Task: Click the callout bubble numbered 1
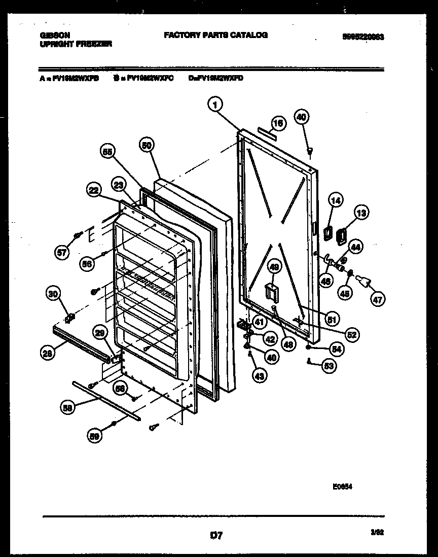215,105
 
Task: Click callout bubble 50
147,145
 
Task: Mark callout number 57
62,254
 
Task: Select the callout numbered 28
48,354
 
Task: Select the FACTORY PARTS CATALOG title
215,35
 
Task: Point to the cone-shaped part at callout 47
364,281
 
